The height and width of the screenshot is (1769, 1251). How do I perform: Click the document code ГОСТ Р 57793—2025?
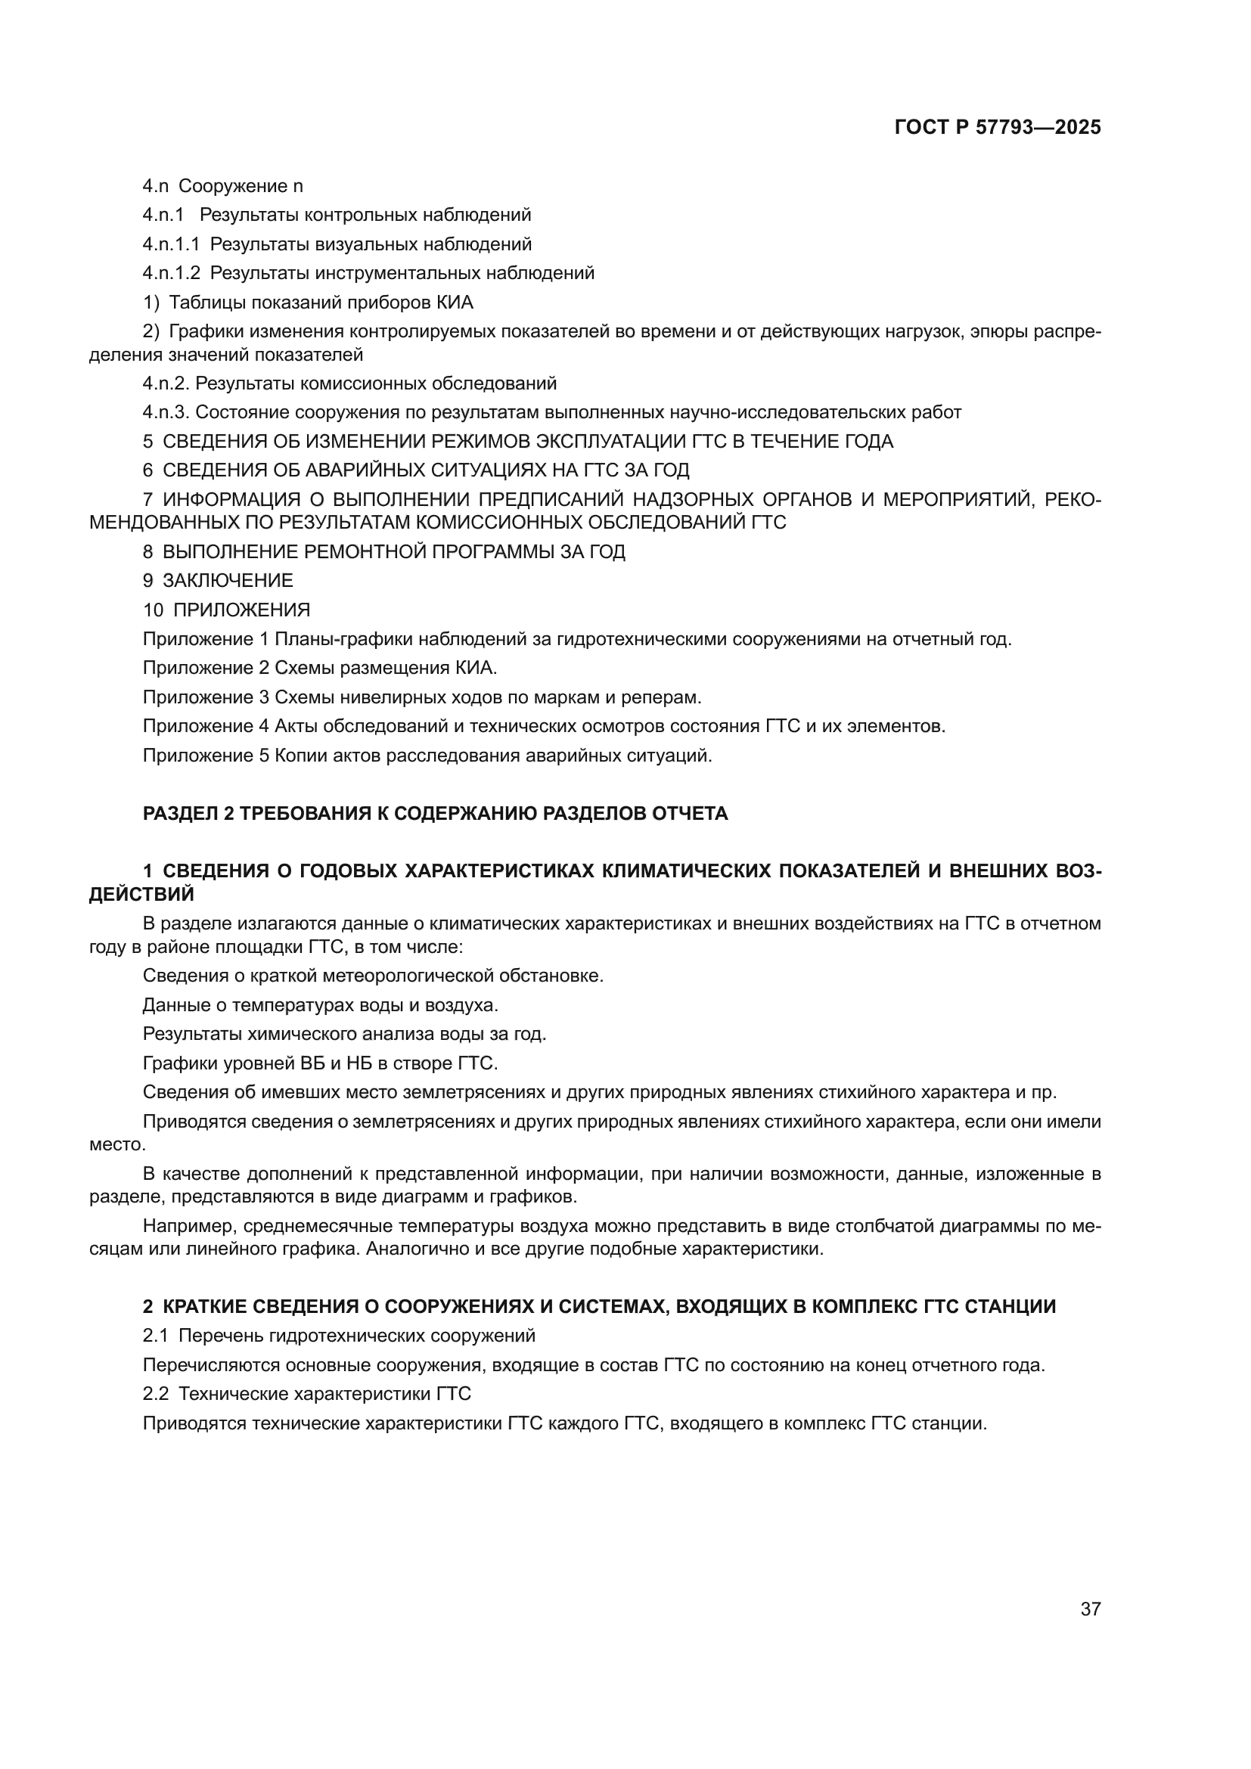(x=998, y=128)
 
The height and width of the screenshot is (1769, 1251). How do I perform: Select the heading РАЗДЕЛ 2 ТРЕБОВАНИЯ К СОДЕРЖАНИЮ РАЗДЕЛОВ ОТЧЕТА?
(x=435, y=814)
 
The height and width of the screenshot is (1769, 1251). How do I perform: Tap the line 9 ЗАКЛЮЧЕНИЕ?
(x=218, y=580)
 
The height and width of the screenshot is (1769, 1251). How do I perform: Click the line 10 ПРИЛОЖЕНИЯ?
(x=226, y=610)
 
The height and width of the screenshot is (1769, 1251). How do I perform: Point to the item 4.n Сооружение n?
(x=222, y=186)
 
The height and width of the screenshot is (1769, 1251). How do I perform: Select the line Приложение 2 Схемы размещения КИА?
(x=325, y=667)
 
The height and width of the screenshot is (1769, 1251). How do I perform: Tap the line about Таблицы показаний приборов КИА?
(x=308, y=302)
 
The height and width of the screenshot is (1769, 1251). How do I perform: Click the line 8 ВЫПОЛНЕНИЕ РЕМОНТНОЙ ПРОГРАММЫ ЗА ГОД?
(x=383, y=551)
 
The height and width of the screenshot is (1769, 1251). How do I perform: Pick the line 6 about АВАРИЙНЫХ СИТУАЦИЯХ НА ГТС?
(x=416, y=470)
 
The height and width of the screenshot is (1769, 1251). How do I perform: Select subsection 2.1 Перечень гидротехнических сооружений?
(x=339, y=1335)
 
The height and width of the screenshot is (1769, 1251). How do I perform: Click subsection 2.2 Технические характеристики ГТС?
(x=306, y=1394)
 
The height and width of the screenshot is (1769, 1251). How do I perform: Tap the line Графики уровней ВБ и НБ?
(x=320, y=1063)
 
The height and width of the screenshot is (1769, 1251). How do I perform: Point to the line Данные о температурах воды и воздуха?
(x=320, y=1004)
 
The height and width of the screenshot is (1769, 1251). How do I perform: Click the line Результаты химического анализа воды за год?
(x=344, y=1034)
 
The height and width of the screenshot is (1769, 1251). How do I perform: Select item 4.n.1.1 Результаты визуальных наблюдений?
(x=337, y=244)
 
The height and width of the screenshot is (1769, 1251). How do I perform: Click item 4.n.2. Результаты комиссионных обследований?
(x=349, y=383)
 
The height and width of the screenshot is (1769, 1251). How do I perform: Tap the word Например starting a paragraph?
(x=181, y=1226)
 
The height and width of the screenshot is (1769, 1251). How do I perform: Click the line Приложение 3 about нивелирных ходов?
(x=422, y=697)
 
